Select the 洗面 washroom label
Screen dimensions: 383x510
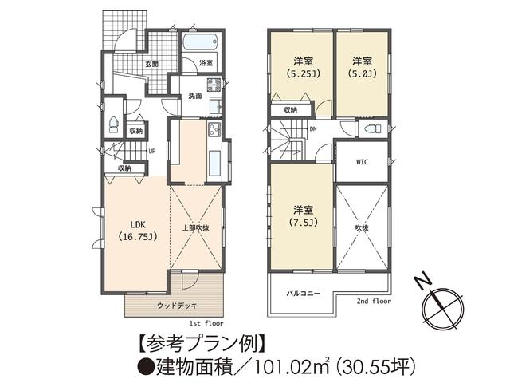[194, 96]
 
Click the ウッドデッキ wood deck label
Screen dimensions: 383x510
[177, 305]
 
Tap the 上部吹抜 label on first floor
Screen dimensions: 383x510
[195, 227]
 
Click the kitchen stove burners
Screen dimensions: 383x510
[214, 129]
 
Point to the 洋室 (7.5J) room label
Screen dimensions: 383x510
[302, 215]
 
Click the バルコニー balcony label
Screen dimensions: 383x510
[304, 294]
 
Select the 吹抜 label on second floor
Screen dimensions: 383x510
[362, 227]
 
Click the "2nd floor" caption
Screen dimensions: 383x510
[375, 302]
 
